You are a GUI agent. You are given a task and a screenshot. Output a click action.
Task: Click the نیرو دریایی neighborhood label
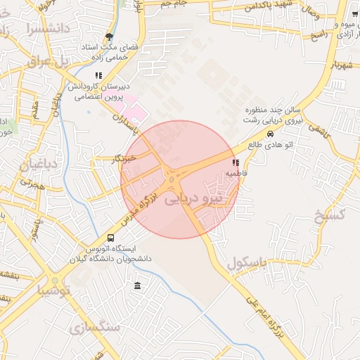(x=193, y=200)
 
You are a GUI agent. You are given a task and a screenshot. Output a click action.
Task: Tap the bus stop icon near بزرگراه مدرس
(x=111, y=238)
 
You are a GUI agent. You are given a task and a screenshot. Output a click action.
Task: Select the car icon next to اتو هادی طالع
(x=271, y=134)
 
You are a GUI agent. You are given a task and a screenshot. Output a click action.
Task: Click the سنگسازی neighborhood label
(x=96, y=328)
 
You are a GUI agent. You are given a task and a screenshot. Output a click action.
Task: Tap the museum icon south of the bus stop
(x=136, y=285)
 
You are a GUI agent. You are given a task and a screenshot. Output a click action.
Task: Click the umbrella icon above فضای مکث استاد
(x=109, y=37)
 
